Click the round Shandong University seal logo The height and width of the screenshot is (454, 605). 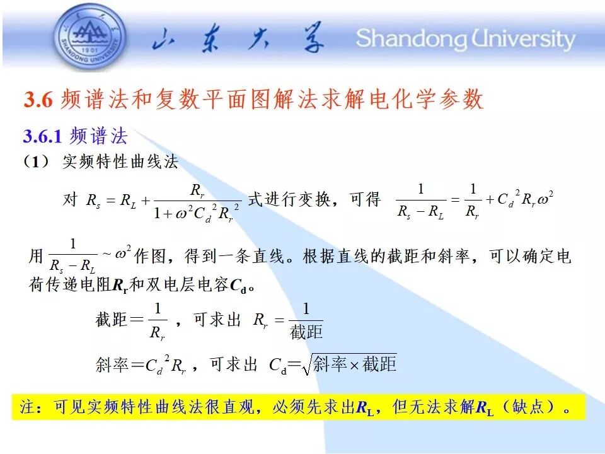pos(89,37)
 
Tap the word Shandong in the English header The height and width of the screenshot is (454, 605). pos(412,39)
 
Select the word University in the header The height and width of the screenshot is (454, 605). pos(523,39)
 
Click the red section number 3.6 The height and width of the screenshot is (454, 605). pos(38,99)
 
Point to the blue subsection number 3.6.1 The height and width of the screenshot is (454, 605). pos(42,136)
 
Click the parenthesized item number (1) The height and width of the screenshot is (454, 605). pos(36,161)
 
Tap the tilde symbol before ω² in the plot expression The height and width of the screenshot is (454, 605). pos(107,254)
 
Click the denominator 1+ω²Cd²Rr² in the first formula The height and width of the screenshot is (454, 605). pos(197,212)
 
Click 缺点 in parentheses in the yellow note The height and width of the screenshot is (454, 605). pos(528,407)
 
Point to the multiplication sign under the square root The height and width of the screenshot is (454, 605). pos(354,365)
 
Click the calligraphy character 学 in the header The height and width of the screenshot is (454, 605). pos(313,37)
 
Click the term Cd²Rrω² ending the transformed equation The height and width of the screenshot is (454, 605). pos(526,199)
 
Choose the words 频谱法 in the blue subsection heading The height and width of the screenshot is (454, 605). pos(98,136)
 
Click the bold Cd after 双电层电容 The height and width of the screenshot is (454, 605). pos(238,286)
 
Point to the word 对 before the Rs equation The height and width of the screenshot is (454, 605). pos(70,199)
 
